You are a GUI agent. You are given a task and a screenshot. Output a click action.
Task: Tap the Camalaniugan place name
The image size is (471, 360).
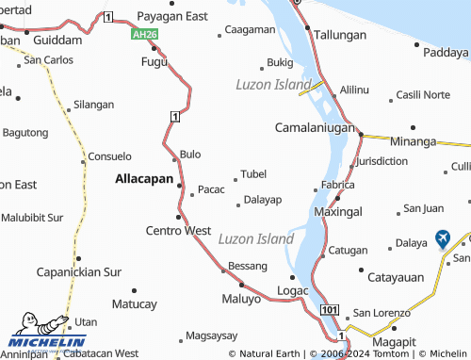click(x=314, y=126)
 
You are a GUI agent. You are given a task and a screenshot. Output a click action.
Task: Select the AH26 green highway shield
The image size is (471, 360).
click(x=143, y=33)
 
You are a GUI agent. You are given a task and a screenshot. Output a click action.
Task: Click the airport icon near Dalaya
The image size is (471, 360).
click(x=444, y=239)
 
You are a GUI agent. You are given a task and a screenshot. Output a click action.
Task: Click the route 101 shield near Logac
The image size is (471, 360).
click(x=329, y=310)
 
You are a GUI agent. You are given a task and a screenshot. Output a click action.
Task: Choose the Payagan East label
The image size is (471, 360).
click(x=172, y=16)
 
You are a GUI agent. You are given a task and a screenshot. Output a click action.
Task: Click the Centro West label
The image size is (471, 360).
click(x=178, y=230)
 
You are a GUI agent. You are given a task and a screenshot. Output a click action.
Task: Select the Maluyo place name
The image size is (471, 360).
click(x=241, y=300)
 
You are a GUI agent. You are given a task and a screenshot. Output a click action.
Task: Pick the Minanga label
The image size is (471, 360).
click(x=414, y=141)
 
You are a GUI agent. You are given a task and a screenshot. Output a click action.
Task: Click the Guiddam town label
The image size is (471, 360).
click(x=57, y=41)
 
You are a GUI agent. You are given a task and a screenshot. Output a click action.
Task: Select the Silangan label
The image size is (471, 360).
click(x=93, y=105)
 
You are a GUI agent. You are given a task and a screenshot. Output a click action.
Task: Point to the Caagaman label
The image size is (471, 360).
click(x=250, y=29)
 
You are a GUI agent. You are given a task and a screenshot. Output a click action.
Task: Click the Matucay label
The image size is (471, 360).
click(x=134, y=304)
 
